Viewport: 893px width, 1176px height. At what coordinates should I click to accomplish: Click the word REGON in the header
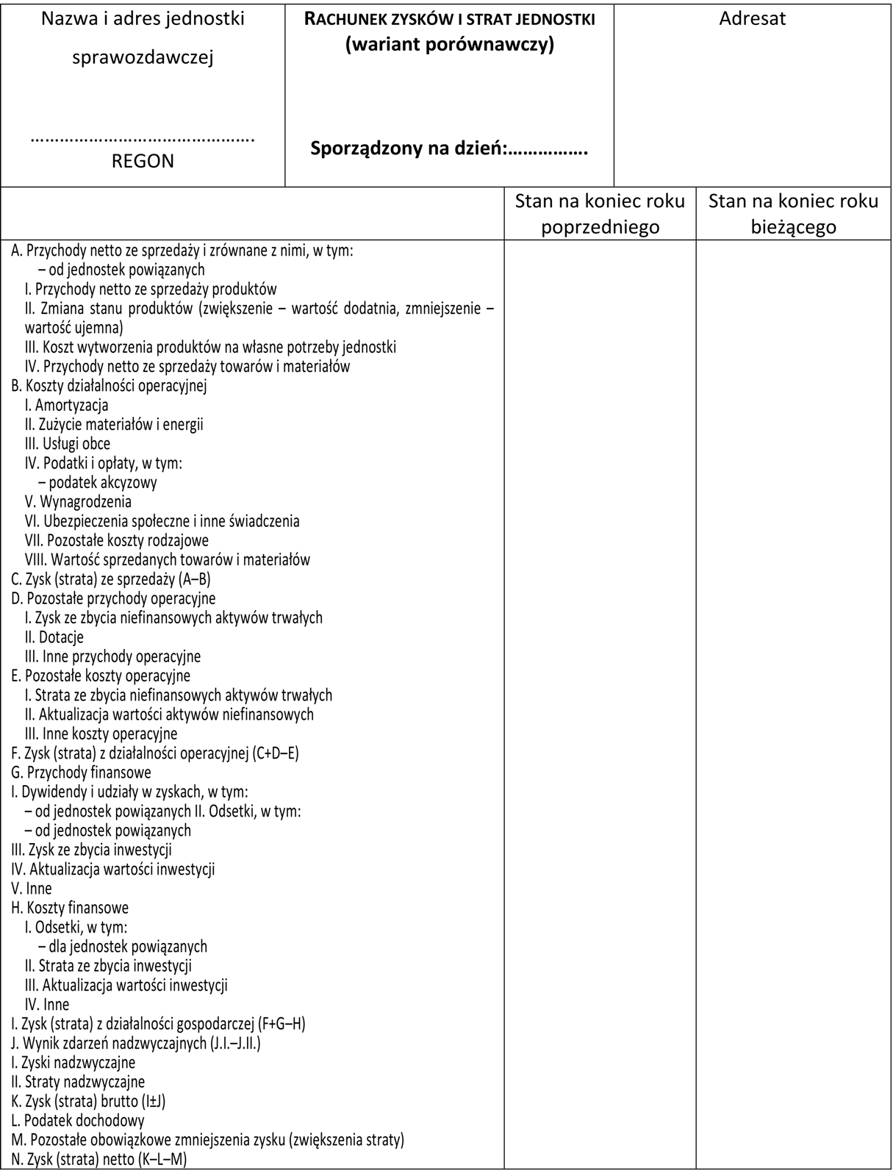143,161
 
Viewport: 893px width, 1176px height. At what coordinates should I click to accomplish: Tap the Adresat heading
752,18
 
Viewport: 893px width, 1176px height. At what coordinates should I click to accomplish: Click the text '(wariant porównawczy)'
449,45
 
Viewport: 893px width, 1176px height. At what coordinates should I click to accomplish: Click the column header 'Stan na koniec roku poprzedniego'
600,213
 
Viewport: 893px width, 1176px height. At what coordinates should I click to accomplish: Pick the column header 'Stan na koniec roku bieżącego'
793,213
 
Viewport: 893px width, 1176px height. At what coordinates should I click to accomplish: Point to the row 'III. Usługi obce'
68,444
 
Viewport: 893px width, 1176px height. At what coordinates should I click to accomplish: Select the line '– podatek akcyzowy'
98,482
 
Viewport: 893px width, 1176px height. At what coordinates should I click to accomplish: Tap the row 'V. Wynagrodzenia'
78,502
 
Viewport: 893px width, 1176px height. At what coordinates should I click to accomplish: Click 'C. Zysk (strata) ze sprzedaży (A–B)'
111,579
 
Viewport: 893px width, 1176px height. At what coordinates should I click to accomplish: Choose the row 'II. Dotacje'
54,637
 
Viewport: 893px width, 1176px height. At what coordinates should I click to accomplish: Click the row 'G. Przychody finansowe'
82,772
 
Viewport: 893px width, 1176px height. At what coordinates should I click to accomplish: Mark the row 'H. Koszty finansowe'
70,908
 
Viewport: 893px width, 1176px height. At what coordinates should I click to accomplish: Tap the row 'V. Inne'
32,889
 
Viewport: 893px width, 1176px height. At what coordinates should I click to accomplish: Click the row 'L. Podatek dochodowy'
78,1121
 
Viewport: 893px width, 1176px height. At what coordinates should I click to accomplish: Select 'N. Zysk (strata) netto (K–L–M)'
99,1160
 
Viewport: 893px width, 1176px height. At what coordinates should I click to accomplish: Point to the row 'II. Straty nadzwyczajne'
78,1082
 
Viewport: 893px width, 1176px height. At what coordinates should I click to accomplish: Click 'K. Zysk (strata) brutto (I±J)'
88,1101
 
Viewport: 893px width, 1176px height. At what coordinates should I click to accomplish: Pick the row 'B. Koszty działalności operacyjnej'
109,386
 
